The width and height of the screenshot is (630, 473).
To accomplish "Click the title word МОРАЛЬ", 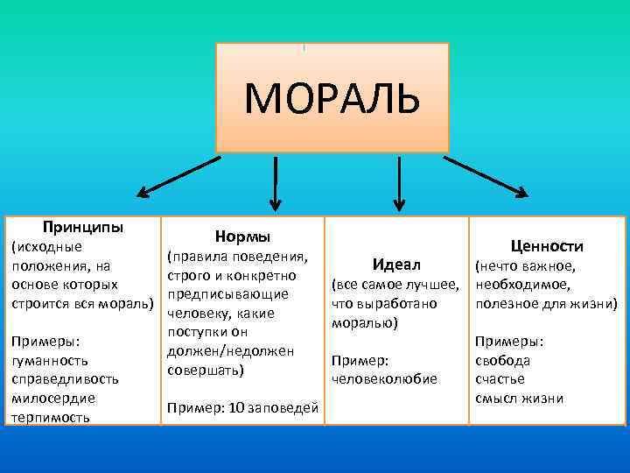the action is (332, 98).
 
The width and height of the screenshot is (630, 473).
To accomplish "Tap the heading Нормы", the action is (242, 237).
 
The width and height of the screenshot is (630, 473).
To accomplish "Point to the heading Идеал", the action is (396, 265).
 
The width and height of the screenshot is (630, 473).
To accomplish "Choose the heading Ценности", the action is (548, 246).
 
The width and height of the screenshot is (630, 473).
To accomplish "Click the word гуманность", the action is (52, 360).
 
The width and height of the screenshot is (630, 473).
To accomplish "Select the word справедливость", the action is (63, 379).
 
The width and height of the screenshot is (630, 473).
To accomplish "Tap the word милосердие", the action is (52, 398).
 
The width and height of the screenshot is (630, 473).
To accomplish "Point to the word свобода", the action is (502, 360).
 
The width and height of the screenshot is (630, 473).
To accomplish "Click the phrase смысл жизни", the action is (519, 399).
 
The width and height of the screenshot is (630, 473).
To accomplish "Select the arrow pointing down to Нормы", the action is (276, 183).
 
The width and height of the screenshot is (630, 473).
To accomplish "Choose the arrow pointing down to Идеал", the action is (399, 183).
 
